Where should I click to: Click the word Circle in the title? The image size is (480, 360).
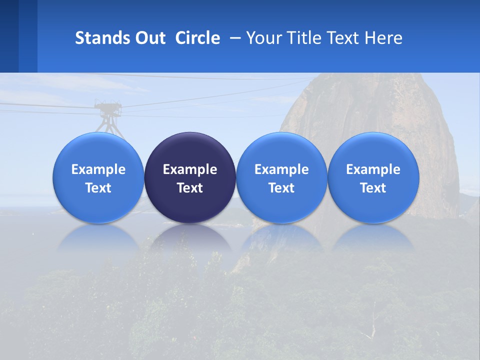[x=197, y=38]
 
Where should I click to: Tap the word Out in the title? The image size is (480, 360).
[x=149, y=38]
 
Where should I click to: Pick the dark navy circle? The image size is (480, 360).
[x=190, y=178]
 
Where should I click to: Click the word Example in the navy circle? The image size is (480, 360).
[x=190, y=169]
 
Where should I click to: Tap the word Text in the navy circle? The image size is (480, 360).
[x=190, y=188]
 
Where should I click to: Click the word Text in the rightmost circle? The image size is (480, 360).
[x=373, y=188]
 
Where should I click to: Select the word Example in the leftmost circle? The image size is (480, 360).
[x=98, y=169]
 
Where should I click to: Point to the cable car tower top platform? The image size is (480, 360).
[x=108, y=105]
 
